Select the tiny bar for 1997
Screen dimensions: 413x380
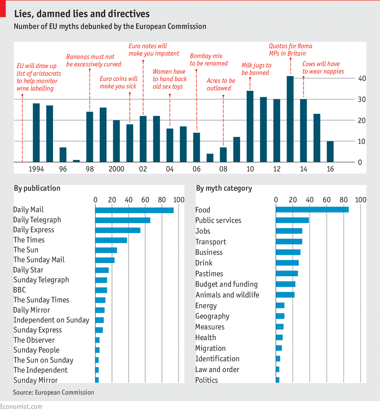coord(76,161)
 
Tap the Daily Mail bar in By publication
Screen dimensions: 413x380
coord(134,210)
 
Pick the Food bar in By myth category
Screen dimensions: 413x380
coord(312,210)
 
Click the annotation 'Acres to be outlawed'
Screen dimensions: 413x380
coord(221,84)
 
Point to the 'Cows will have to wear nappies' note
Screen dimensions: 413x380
coord(323,68)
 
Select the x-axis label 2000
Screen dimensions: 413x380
coord(116,169)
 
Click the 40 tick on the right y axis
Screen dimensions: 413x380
coord(362,79)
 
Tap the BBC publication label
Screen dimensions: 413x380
coord(19,290)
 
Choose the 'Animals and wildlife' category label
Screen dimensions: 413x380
coord(227,295)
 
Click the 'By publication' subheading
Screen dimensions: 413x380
coord(37,188)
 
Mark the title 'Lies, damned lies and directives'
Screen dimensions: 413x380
coord(82,14)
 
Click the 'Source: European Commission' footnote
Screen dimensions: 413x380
coord(54,393)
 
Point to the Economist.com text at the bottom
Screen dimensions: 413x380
coord(21,407)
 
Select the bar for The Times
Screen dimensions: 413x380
coord(111,240)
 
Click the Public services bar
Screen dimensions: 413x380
coord(292,220)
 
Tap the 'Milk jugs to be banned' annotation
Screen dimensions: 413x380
coord(256,69)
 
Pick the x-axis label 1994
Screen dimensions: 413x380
coord(36,169)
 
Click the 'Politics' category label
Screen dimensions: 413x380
coord(207,380)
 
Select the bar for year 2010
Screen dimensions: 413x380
coord(250,127)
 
